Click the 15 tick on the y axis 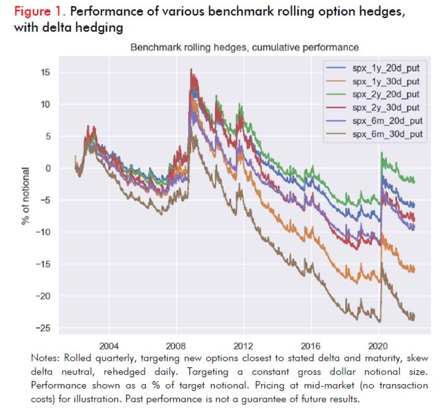pos(45,72)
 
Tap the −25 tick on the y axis pos(43,328)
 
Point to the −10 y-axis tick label pos(43,232)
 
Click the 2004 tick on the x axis pos(109,346)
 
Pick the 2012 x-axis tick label pos(243,346)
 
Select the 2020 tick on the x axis pos(378,346)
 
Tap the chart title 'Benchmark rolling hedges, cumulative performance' pos(245,48)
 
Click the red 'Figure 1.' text pos(40,11)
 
